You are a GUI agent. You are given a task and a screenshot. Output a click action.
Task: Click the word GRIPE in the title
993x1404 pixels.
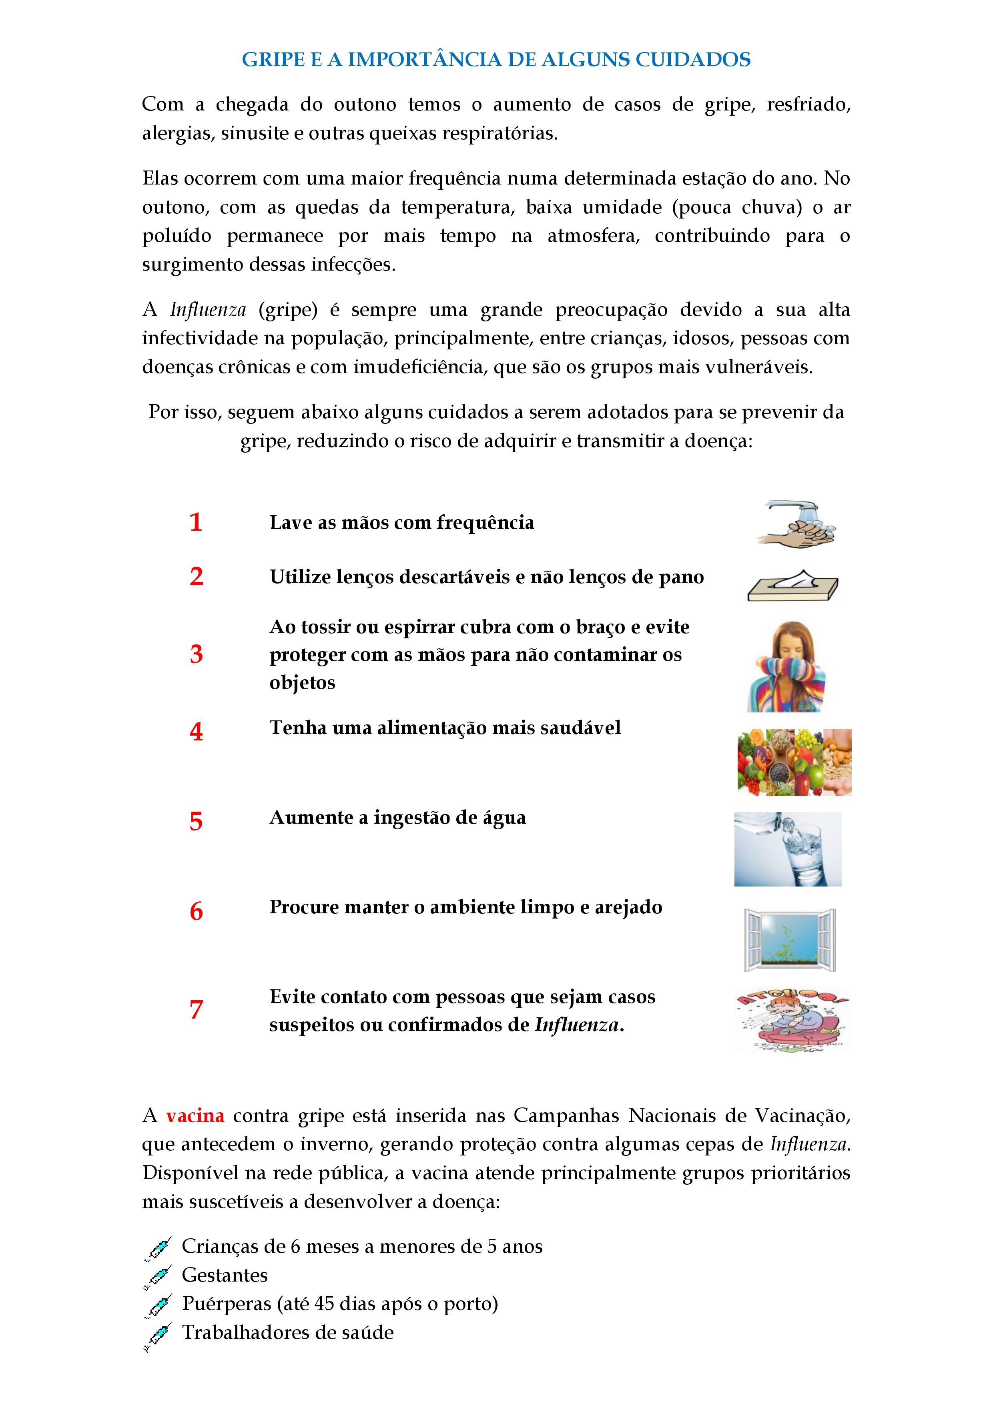tap(273, 59)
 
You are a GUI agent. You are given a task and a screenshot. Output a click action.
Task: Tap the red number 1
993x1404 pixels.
tap(196, 522)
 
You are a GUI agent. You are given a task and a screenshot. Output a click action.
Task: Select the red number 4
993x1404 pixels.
tap(196, 731)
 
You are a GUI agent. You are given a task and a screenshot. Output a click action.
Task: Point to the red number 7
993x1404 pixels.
tap(196, 1010)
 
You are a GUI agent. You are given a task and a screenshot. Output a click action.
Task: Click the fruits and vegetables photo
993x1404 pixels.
tap(794, 762)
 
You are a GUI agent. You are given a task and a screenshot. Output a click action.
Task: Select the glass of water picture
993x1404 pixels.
tap(788, 849)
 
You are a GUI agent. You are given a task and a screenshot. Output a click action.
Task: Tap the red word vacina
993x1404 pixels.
tap(195, 1115)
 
